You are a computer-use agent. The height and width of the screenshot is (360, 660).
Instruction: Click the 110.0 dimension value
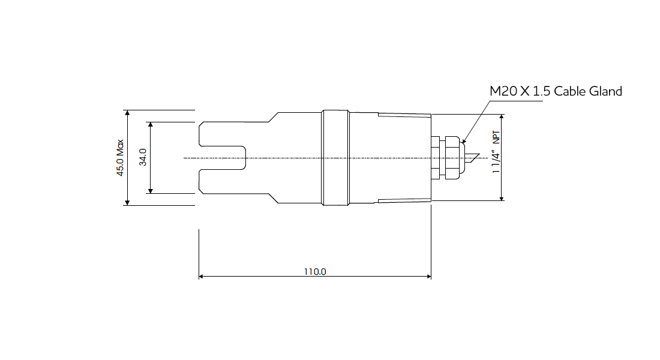pyautogui.click(x=314, y=271)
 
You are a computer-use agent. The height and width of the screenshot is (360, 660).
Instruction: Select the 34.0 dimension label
pyautogui.click(x=143, y=158)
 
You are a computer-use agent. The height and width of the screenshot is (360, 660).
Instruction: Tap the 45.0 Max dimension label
pyautogui.click(x=120, y=158)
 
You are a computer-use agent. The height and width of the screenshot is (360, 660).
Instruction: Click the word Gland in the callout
pyautogui.click(x=605, y=91)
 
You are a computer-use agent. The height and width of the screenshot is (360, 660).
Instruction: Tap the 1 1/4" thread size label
pyautogui.click(x=496, y=162)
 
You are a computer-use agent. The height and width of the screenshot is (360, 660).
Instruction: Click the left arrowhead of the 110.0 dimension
pyautogui.click(x=202, y=277)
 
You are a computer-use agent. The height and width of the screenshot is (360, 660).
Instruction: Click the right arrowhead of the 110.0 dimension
pyautogui.click(x=428, y=277)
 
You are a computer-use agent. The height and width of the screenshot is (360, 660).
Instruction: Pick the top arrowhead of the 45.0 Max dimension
pyautogui.click(x=127, y=113)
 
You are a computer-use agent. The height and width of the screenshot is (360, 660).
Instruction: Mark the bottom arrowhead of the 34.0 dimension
pyautogui.click(x=150, y=190)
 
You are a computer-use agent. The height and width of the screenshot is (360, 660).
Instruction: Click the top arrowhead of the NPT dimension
pyautogui.click(x=502, y=117)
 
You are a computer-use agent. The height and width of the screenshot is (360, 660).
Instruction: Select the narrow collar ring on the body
pyautogui.click(x=335, y=158)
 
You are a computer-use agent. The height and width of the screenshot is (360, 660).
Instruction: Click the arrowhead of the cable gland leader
pyautogui.click(x=464, y=142)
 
